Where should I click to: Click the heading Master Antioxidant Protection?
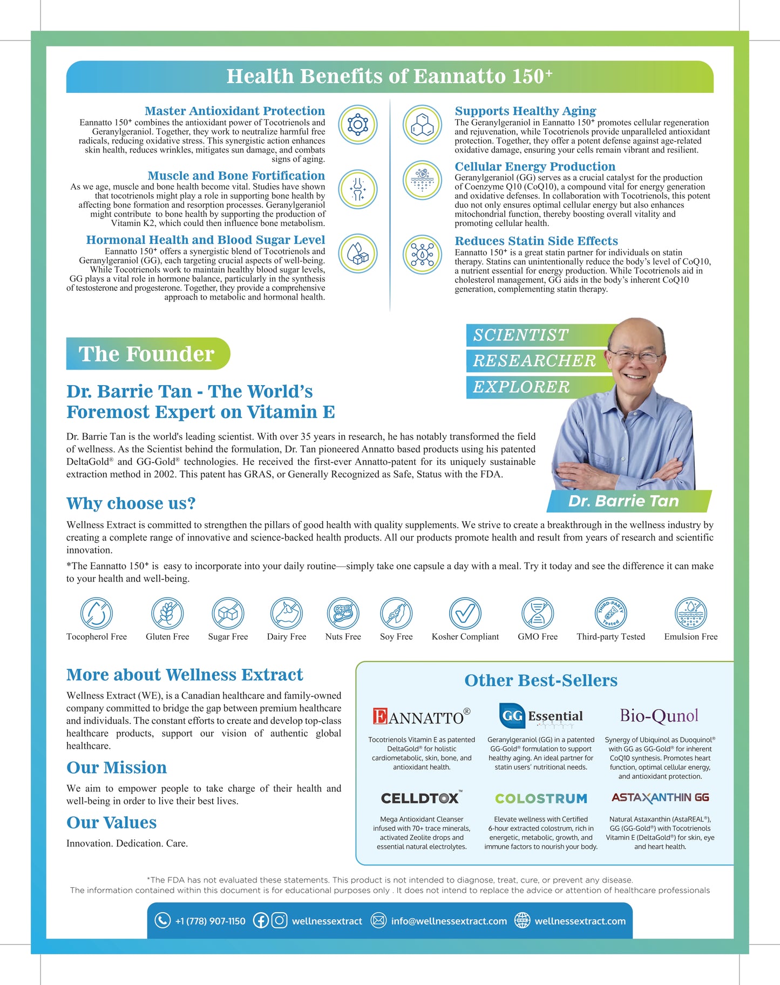235,111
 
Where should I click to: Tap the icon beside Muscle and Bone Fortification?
357,189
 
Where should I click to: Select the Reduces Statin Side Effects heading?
536,241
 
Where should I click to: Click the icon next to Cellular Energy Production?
423,180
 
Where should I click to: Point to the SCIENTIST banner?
521,336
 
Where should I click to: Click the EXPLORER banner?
521,387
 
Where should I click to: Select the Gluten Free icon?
167,613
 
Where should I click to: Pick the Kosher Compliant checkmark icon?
465,613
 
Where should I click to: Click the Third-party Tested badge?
611,613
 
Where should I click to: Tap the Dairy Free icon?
286,613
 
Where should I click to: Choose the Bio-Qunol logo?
659,716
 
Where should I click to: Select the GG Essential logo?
541,716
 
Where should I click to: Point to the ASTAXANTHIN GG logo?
660,798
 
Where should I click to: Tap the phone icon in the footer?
162,920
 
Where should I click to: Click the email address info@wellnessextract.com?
449,921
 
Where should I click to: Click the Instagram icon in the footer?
279,920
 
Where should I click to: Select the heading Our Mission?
117,768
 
